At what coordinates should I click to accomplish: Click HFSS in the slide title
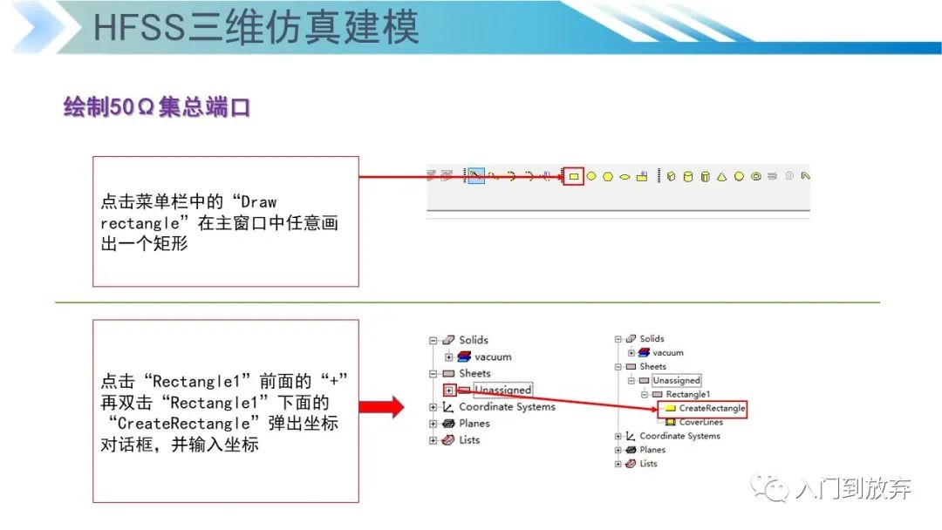[140, 28]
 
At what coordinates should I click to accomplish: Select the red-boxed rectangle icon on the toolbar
[574, 176]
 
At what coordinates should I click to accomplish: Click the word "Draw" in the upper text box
[258, 202]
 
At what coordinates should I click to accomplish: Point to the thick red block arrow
[381, 407]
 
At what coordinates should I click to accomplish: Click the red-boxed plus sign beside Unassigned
[449, 391]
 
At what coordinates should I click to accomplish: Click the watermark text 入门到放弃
[853, 488]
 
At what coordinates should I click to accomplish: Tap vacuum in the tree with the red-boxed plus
[493, 357]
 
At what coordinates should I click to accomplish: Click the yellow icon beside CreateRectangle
[670, 408]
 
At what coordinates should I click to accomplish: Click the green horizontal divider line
[468, 302]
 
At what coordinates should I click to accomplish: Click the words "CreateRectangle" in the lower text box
[183, 424]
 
